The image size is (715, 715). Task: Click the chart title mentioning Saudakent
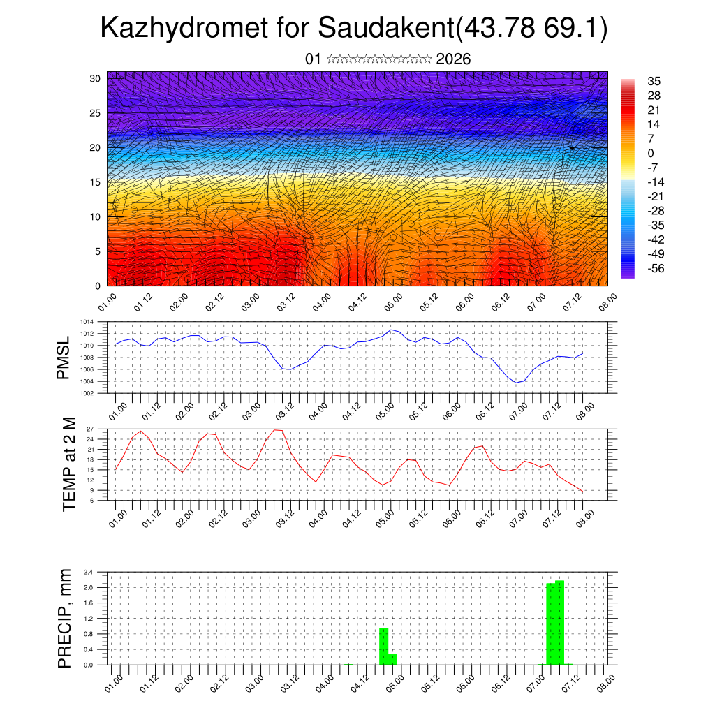[x=354, y=29]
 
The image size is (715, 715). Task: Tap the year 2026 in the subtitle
[x=453, y=59]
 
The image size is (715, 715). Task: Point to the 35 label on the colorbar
[x=654, y=81]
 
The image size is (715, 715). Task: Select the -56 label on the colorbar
[x=656, y=268]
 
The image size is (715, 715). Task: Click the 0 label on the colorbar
[x=651, y=153]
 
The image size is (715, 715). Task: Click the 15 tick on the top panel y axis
[x=96, y=182]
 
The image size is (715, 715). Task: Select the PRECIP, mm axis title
[x=65, y=618]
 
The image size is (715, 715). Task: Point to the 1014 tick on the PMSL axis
[x=87, y=322]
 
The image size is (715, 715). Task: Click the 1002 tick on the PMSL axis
[x=87, y=393]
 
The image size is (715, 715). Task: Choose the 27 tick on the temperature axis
[x=90, y=429]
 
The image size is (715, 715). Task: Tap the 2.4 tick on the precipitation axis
[x=89, y=572]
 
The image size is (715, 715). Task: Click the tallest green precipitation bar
[x=559, y=621]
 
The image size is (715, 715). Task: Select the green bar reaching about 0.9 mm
[x=383, y=646]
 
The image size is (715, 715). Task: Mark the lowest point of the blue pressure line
[x=517, y=382]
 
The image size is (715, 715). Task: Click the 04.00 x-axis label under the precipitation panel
[x=325, y=682]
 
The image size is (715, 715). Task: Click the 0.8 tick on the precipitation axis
[x=89, y=634]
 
